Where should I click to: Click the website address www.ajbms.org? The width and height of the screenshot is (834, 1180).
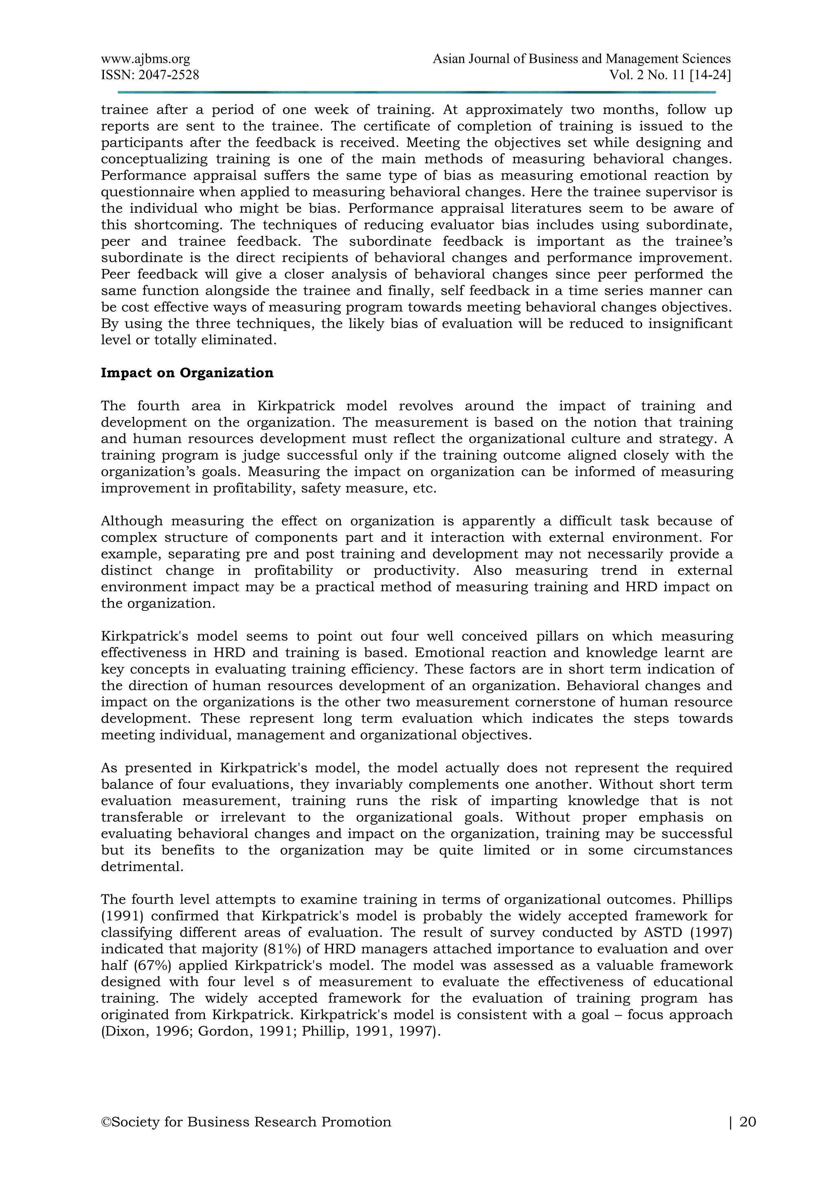[145, 59]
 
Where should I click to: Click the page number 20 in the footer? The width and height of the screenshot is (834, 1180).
[748, 1136]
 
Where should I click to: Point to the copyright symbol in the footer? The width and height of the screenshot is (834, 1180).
[106, 1136]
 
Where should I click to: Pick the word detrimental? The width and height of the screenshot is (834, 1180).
[141, 867]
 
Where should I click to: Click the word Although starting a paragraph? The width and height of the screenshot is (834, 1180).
[132, 521]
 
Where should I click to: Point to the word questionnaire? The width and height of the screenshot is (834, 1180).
[147, 192]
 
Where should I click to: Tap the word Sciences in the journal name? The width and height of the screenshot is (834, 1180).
[706, 59]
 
